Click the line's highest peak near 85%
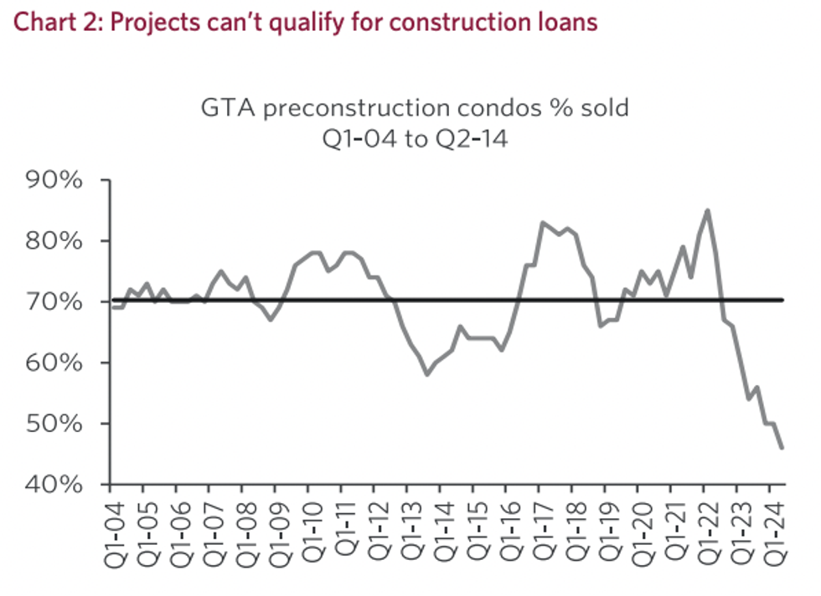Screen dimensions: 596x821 click(x=708, y=210)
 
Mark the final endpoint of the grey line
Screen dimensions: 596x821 click(x=782, y=448)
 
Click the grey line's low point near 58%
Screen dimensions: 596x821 click(x=426, y=374)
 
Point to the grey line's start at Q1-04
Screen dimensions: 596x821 click(x=111, y=307)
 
